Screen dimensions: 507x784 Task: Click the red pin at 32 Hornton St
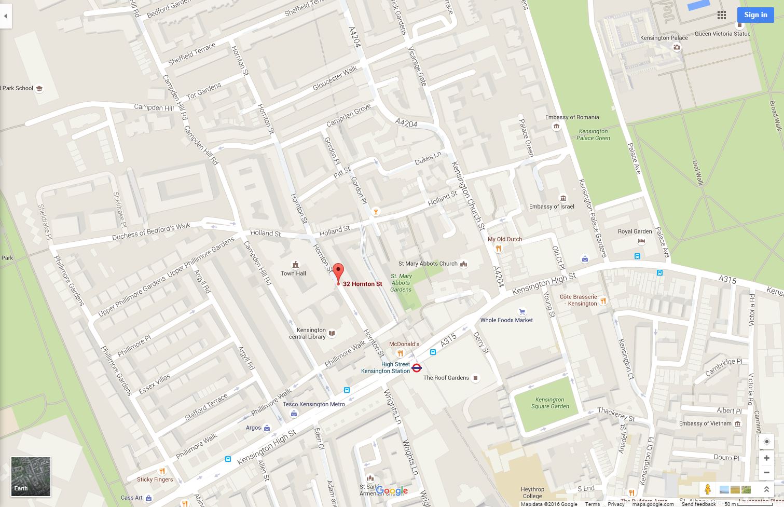pyautogui.click(x=338, y=272)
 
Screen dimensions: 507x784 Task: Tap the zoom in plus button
pyautogui.click(x=766, y=458)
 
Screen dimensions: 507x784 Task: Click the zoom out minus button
pyautogui.click(x=766, y=472)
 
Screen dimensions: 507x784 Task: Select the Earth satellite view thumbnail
pyautogui.click(x=31, y=476)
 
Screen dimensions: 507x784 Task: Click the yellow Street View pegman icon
pyautogui.click(x=707, y=489)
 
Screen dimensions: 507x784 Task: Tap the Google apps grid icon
pyautogui.click(x=722, y=15)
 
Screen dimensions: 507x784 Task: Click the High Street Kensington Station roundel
pyautogui.click(x=416, y=368)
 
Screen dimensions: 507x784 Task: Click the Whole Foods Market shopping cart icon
pyautogui.click(x=522, y=312)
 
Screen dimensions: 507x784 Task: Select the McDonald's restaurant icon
pyautogui.click(x=400, y=353)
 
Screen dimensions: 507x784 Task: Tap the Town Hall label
pyautogui.click(x=293, y=273)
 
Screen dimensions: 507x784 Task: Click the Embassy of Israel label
pyautogui.click(x=552, y=207)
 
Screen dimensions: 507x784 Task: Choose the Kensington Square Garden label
pyautogui.click(x=550, y=403)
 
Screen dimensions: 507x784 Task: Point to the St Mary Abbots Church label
pyautogui.click(x=428, y=264)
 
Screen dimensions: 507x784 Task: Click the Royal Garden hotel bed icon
pyautogui.click(x=641, y=241)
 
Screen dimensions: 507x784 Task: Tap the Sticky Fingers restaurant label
pyautogui.click(x=155, y=479)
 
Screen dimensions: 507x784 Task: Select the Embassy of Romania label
pyautogui.click(x=572, y=117)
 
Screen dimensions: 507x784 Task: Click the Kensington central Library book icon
pyautogui.click(x=332, y=334)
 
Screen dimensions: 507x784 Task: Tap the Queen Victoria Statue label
pyautogui.click(x=722, y=34)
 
